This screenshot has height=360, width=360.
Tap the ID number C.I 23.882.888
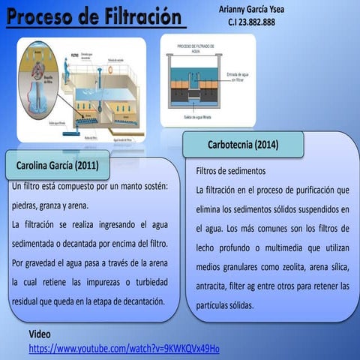tap(251, 22)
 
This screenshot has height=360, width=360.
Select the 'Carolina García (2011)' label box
tap(58, 164)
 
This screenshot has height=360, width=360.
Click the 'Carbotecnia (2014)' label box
tap(242, 144)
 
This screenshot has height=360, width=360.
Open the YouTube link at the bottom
tap(124, 349)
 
